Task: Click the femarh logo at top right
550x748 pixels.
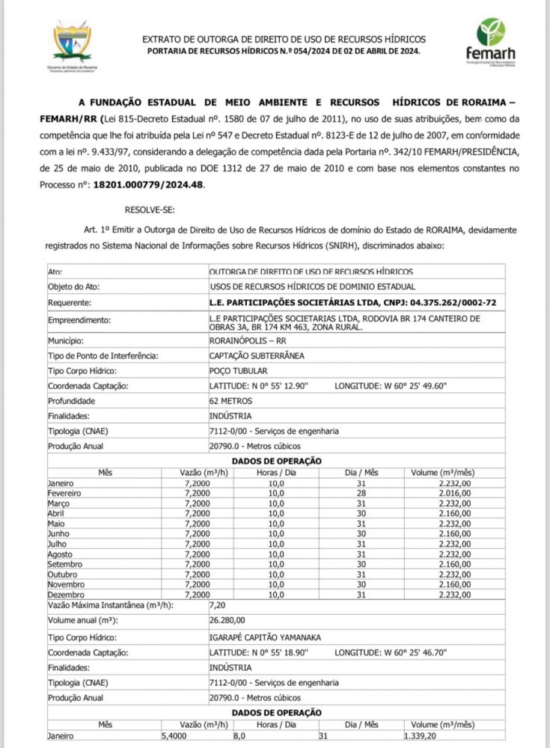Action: click(x=490, y=40)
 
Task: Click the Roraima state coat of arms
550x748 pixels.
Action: click(x=72, y=43)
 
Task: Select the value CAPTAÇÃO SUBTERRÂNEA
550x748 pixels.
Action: click(x=257, y=355)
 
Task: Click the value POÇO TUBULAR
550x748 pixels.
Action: click(x=238, y=370)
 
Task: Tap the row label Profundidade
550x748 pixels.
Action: click(x=72, y=401)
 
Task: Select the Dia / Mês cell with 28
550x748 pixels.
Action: click(x=361, y=494)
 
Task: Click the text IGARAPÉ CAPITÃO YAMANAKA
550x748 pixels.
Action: click(x=265, y=637)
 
